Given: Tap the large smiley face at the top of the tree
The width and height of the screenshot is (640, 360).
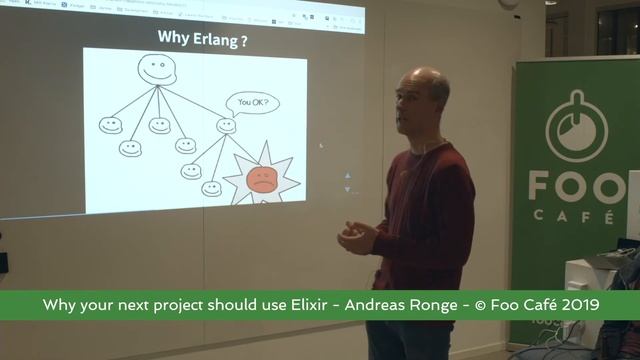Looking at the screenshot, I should [x=156, y=70].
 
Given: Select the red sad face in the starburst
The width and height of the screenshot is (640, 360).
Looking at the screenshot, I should [x=260, y=180].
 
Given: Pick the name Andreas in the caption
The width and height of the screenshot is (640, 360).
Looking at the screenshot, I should [x=379, y=304].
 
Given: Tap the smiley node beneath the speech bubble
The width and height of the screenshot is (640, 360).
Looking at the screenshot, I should [x=226, y=126].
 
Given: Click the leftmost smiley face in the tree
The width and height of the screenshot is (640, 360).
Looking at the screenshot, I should [x=108, y=125].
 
